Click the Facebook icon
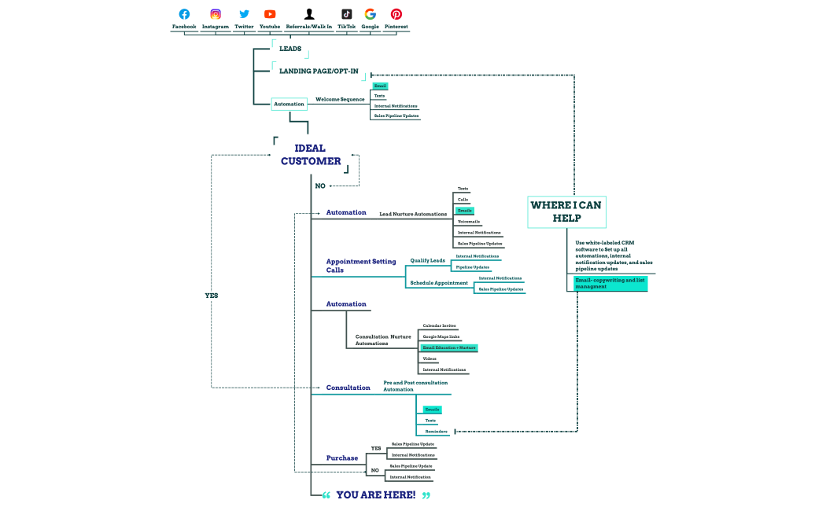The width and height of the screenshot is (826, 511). (184, 14)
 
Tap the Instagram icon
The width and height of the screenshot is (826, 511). (216, 14)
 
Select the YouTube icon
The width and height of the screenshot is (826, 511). (270, 14)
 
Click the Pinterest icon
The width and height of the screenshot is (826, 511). (396, 14)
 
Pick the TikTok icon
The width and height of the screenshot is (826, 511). (346, 14)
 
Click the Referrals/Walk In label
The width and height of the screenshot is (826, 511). (309, 27)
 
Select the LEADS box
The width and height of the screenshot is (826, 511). (290, 49)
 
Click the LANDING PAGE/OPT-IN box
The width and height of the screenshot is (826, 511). (319, 71)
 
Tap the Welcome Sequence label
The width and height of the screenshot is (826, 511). (340, 99)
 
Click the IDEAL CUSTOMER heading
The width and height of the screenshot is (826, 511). (311, 155)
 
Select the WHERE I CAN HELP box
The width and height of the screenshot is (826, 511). (566, 211)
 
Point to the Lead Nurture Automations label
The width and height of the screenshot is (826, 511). (413, 214)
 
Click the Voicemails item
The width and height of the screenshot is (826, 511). (469, 222)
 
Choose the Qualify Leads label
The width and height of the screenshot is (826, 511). (427, 260)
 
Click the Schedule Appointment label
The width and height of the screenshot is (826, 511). (439, 282)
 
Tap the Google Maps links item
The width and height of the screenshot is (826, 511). (441, 336)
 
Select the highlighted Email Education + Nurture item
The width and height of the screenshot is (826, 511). (449, 347)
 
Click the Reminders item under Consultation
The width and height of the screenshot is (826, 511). (437, 432)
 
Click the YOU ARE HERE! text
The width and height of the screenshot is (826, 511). (376, 495)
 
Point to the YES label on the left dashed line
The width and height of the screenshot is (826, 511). (211, 296)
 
